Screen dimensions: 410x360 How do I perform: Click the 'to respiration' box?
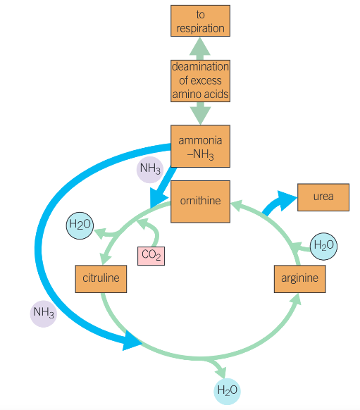pos(200,20)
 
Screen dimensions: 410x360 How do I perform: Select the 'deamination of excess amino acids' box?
pos(200,80)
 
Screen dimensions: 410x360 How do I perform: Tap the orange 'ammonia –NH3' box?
pos(200,147)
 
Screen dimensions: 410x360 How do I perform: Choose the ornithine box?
pos(200,201)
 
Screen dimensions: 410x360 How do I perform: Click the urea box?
pos(323,197)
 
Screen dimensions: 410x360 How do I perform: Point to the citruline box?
pos(101,278)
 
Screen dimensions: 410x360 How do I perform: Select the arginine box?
pos(299,278)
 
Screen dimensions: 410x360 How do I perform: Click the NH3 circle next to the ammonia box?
pos(150,168)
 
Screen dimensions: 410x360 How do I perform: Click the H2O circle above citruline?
pos(79,225)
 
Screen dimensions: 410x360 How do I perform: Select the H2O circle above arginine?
pos(323,246)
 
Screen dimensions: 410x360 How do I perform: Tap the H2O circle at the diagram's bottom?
pos(227,390)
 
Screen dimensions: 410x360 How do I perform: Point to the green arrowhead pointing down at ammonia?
pos(200,116)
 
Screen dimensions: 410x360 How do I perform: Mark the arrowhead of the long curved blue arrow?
pos(134,343)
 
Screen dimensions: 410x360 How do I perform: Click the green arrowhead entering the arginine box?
pos(296,300)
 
